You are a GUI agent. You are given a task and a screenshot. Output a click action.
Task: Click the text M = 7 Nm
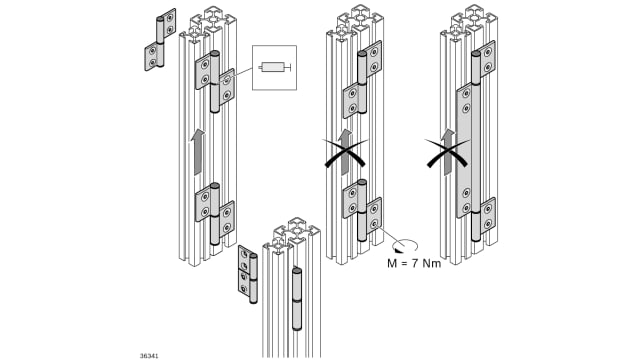pyautogui.click(x=414, y=263)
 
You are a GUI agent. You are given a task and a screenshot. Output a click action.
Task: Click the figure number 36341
pyautogui.click(x=149, y=356)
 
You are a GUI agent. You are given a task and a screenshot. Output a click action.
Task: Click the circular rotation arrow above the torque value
pyautogui.click(x=404, y=246)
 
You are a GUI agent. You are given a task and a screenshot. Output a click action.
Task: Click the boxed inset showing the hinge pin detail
pyautogui.click(x=274, y=67)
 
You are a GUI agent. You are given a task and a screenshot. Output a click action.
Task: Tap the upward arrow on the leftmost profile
pyautogui.click(x=198, y=152)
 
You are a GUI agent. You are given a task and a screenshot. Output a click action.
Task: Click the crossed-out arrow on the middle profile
pyautogui.click(x=345, y=151)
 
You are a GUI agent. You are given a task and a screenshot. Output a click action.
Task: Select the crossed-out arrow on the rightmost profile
pyautogui.click(x=448, y=151)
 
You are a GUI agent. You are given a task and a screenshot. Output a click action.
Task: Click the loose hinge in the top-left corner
pyautogui.click(x=160, y=40)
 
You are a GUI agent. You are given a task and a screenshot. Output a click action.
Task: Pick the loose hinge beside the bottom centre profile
pyautogui.click(x=248, y=274)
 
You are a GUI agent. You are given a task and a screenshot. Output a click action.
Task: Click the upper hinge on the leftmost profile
pyautogui.click(x=215, y=82)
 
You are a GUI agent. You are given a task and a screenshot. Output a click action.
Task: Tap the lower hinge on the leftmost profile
pyautogui.click(x=215, y=214)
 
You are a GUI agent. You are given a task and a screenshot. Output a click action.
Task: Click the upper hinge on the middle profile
pyautogui.click(x=362, y=79)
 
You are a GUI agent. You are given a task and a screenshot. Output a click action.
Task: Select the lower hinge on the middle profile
pyautogui.click(x=362, y=210)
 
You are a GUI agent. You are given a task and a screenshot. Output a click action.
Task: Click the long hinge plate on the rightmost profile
pyautogui.click(x=464, y=150)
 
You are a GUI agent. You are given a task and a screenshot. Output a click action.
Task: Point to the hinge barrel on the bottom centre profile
pyautogui.click(x=297, y=299)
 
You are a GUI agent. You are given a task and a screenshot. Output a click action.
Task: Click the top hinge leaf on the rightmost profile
pyautogui.click(x=488, y=59)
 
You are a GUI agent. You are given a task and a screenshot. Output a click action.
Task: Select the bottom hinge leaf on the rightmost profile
pyautogui.click(x=488, y=216)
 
